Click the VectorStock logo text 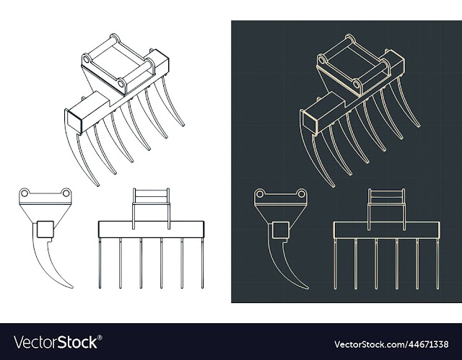pos(56,343)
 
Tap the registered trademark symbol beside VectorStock pos(100,338)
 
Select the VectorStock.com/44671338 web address pos(391,344)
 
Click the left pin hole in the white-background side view pos(25,193)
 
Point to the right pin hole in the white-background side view pos(66,193)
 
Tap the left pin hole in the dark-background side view pos(260,194)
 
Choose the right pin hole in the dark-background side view pos(301,194)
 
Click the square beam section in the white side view pos(45,229)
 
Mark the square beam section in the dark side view pos(280,230)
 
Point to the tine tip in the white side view pos(72,287)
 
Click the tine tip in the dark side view pos(308,288)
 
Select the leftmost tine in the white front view pos(100,263)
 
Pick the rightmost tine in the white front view pos(202,263)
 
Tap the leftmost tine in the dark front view pos(335,264)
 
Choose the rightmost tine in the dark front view pos(437,264)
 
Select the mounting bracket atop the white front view pos(151,208)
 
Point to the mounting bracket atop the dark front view pos(386,209)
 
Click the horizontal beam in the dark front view pos(387,230)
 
